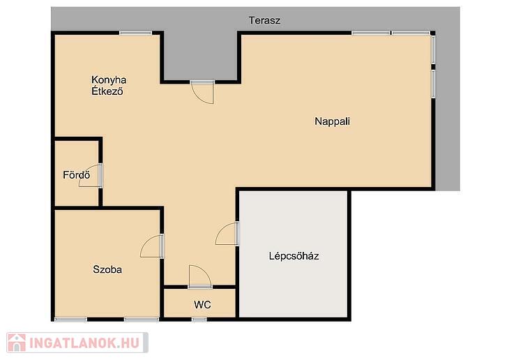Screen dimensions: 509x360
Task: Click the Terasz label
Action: pyautogui.click(x=264, y=20)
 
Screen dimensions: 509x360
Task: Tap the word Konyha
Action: pyautogui.click(x=109, y=80)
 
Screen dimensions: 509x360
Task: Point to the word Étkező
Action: pyautogui.click(x=107, y=91)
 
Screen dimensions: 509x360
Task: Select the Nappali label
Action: pyautogui.click(x=333, y=121)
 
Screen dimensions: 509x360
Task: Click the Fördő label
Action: pyautogui.click(x=76, y=175)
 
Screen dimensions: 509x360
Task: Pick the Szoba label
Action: pyautogui.click(x=107, y=269)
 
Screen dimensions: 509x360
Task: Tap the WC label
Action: pyautogui.click(x=203, y=304)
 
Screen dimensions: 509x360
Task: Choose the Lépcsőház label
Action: pyautogui.click(x=294, y=256)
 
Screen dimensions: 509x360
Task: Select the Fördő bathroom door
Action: pyautogui.click(x=91, y=175)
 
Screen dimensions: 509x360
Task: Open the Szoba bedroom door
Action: pyautogui.click(x=152, y=246)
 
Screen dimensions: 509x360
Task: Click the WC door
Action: pyautogui.click(x=200, y=276)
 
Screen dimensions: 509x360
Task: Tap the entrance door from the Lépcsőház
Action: pyautogui.click(x=227, y=233)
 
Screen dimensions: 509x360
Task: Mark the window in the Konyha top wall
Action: pyautogui.click(x=135, y=33)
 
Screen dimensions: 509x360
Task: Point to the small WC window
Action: pyautogui.click(x=199, y=320)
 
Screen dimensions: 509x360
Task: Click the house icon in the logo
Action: pyautogui.click(x=16, y=343)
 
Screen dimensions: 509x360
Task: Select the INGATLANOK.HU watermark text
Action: pyautogui.click(x=84, y=343)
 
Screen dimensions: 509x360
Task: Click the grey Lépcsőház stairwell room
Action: pyautogui.click(x=294, y=254)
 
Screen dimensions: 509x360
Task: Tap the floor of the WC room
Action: pyautogui.click(x=199, y=303)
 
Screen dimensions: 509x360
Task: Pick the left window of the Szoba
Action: pyautogui.click(x=70, y=320)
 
